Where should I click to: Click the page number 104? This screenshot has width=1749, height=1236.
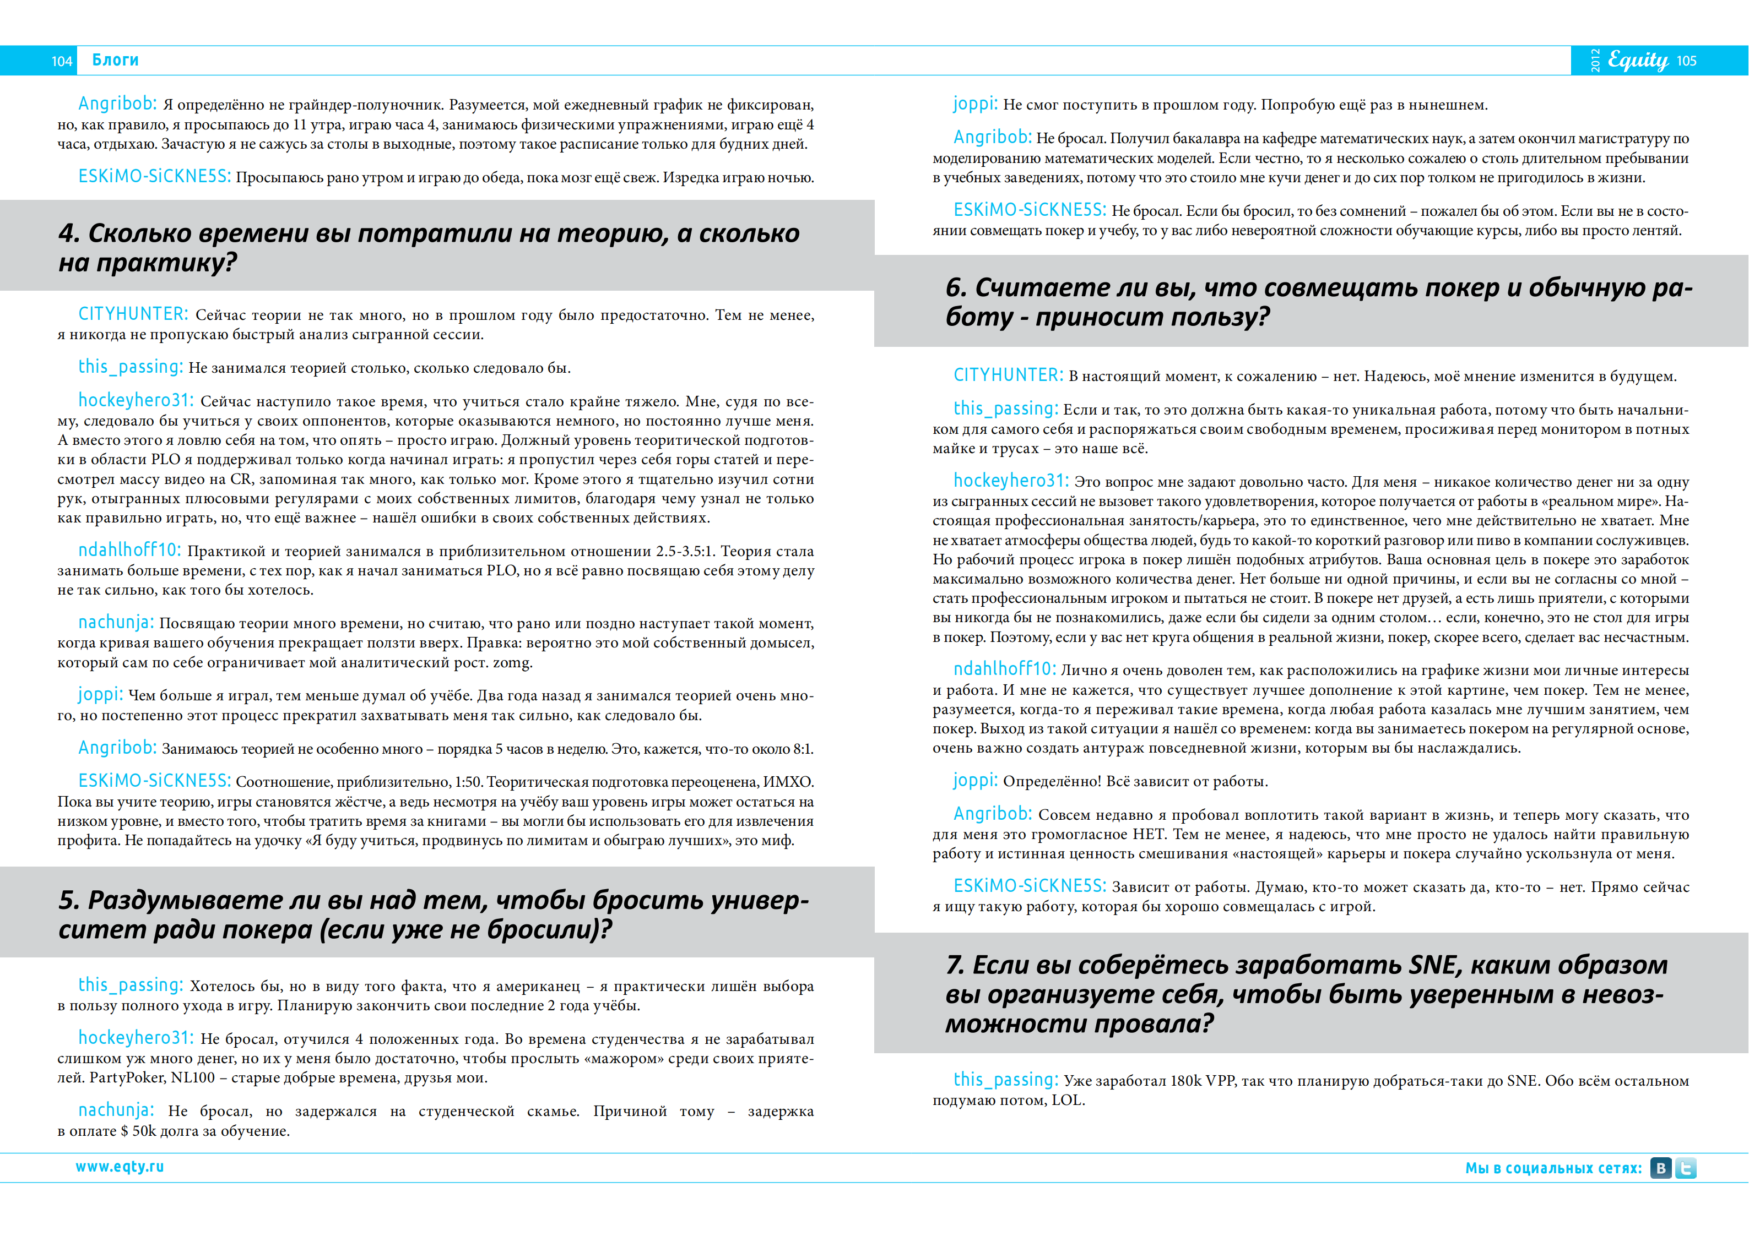(x=62, y=61)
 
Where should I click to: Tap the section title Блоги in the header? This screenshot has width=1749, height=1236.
(x=115, y=60)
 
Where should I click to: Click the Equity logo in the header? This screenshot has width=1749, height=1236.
(x=1637, y=60)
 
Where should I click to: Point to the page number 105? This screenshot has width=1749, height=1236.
(x=1687, y=61)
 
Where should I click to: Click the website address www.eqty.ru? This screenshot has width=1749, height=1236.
(x=120, y=1167)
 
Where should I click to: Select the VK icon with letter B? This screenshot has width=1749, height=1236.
(x=1661, y=1168)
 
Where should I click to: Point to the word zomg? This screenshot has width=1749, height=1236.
(x=511, y=662)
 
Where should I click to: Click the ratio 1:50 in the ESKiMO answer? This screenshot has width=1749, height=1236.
(x=468, y=782)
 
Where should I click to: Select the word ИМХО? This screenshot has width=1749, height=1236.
(x=788, y=782)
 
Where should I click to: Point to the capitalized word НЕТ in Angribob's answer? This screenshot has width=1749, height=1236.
(x=1147, y=835)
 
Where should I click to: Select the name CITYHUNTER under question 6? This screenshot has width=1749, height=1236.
(x=1008, y=375)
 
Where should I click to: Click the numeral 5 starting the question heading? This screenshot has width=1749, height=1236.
(x=68, y=900)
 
